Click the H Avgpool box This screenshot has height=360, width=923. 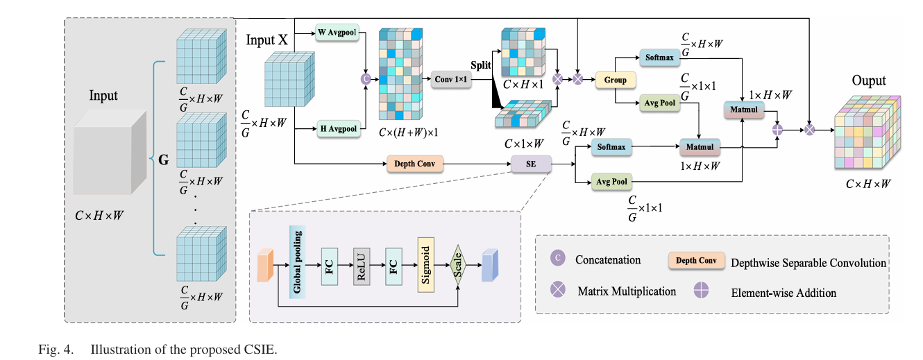(339, 128)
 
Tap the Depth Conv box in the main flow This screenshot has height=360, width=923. (414, 164)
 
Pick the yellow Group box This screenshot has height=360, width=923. (616, 80)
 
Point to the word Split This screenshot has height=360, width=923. (480, 65)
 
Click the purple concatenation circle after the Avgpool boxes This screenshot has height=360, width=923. (366, 80)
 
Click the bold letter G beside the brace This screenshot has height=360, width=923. (163, 159)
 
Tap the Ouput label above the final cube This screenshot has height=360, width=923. (869, 81)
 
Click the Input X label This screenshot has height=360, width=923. (266, 40)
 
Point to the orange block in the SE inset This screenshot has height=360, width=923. (263, 268)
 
